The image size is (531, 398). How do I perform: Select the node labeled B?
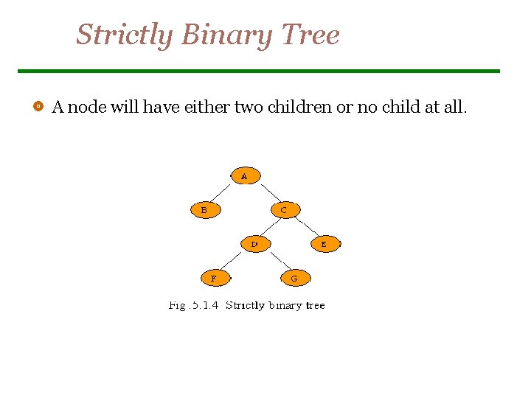coord(206,210)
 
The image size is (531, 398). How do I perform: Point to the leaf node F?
coord(215,279)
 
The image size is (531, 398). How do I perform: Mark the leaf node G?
coord(295,279)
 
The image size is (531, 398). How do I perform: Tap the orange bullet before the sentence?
coord(37,107)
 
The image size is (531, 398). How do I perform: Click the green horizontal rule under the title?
coord(258,71)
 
